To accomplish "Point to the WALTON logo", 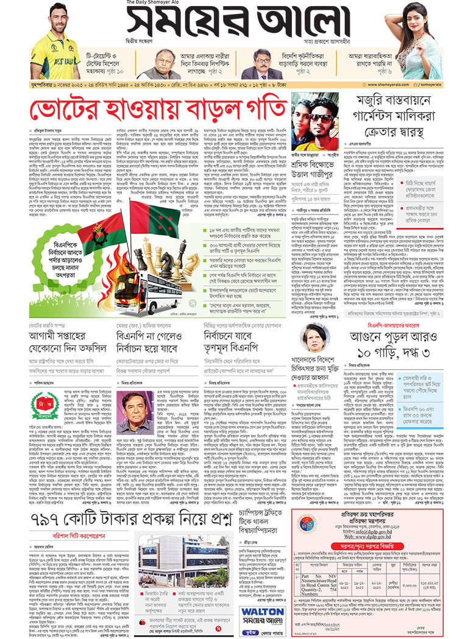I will tap(261, 613).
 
